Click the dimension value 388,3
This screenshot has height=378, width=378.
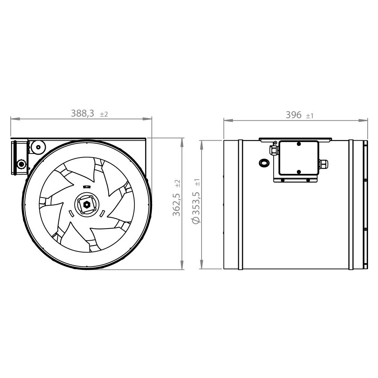(82, 113)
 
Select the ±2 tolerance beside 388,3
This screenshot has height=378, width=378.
(104, 114)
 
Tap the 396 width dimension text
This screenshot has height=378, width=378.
(293, 115)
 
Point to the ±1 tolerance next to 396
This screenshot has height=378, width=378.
(310, 116)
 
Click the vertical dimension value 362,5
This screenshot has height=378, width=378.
(176, 205)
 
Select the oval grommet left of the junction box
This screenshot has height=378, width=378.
(264, 162)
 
